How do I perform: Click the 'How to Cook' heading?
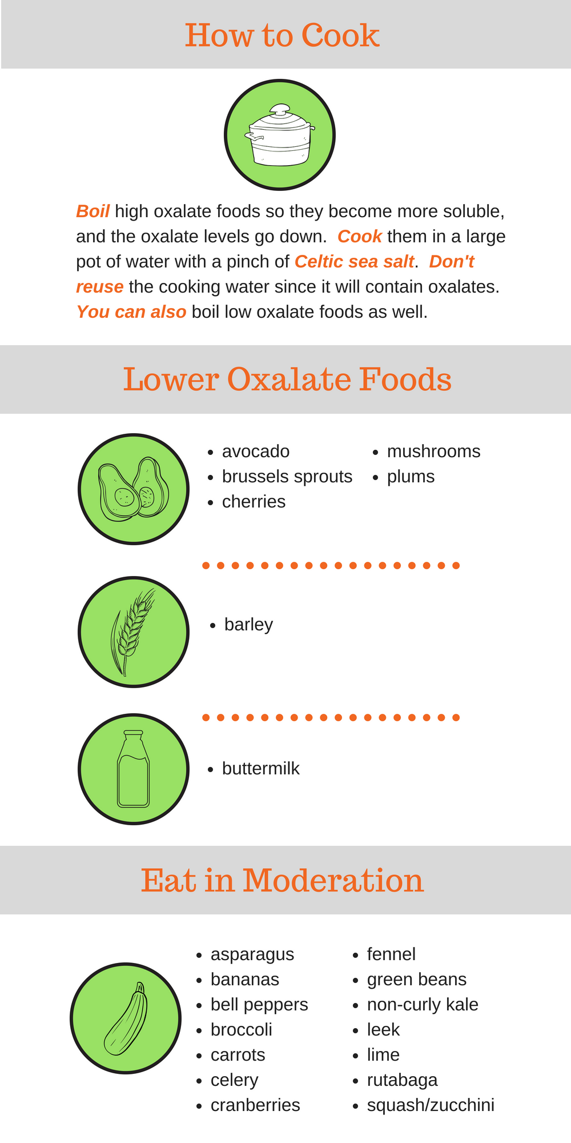click(x=282, y=35)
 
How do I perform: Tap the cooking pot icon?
click(x=280, y=135)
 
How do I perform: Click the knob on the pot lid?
click(x=280, y=109)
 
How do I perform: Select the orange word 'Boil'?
click(x=93, y=211)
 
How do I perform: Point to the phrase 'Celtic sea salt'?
click(x=354, y=262)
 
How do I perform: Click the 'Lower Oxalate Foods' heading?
click(x=287, y=379)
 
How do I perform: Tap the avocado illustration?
click(x=134, y=489)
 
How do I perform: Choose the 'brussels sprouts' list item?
click(x=287, y=477)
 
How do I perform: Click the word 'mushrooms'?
click(x=433, y=451)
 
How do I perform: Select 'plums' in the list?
click(x=411, y=477)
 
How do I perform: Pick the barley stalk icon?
click(x=132, y=632)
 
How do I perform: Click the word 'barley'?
click(x=248, y=625)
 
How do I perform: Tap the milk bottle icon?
click(x=134, y=769)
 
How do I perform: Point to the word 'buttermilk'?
click(x=260, y=769)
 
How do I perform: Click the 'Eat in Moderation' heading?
click(x=282, y=880)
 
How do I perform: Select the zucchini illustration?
click(x=126, y=1019)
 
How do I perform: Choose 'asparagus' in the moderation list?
click(x=252, y=955)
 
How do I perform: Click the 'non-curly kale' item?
click(x=423, y=1005)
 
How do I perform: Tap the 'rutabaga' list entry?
click(x=402, y=1080)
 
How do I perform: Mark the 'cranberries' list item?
click(x=255, y=1105)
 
